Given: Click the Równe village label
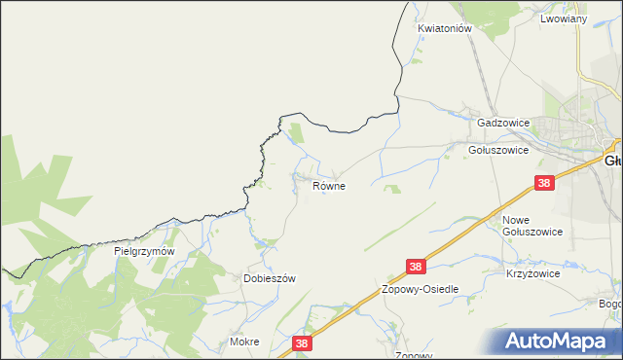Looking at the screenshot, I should (329, 185).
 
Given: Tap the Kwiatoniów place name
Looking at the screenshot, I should (445, 29).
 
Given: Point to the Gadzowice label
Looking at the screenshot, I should (502, 124).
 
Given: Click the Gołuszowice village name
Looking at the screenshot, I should (497, 151).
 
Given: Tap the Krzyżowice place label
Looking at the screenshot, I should (532, 274).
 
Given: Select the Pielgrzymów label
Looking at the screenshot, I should (144, 251).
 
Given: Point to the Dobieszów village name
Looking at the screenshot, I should (269, 278).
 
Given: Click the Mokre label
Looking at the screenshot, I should (244, 342).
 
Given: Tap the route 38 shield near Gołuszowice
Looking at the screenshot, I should (545, 182).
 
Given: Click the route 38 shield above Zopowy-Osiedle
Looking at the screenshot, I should (417, 266).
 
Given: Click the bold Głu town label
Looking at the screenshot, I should (612, 161).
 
